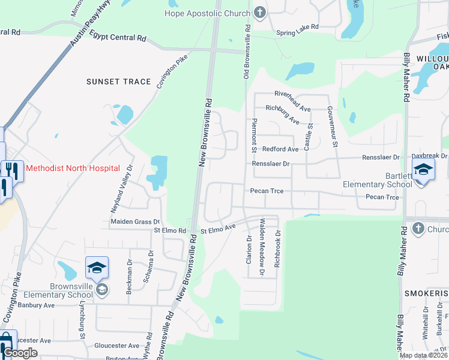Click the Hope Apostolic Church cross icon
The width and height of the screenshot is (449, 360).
pos(259,13)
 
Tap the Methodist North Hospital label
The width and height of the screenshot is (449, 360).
pos(73,169)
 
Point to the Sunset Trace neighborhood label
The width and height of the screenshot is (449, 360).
pos(118,82)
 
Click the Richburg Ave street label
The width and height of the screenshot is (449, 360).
pos(283,113)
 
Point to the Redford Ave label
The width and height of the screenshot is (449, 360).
pos(280,149)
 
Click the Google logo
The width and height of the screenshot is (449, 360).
pos(20,353)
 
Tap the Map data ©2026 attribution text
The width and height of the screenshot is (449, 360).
pos(424,355)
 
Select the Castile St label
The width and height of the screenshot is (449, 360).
pos(310,136)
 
